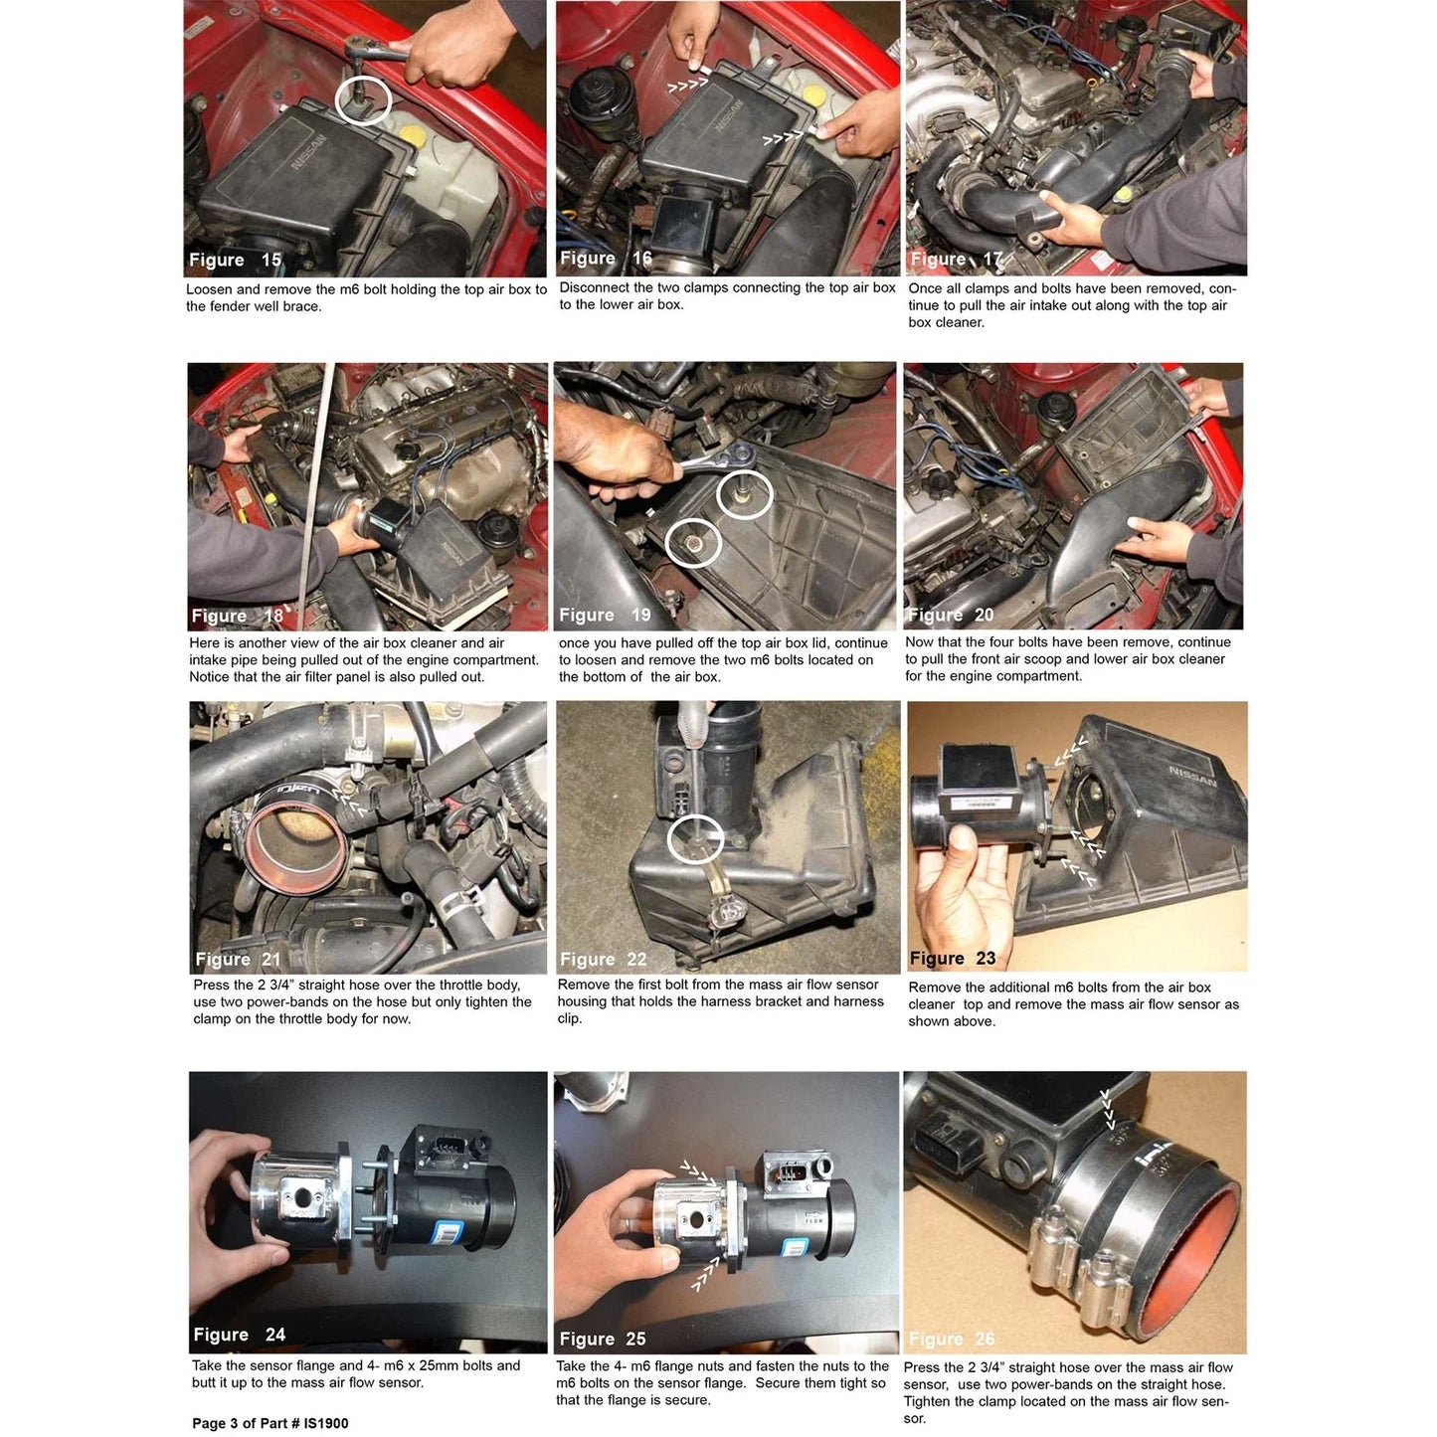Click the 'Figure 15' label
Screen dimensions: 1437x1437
pyautogui.click(x=235, y=261)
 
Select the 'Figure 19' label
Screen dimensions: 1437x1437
pyautogui.click(x=605, y=616)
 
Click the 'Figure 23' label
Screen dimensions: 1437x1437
pyautogui.click(x=953, y=959)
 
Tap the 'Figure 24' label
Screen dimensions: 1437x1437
pyautogui.click(x=240, y=1335)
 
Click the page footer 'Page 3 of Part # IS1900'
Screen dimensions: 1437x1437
pyautogui.click(x=269, y=1423)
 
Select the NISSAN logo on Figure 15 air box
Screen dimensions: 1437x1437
pyautogui.click(x=308, y=153)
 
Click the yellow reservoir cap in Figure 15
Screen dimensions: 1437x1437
pyautogui.click(x=412, y=135)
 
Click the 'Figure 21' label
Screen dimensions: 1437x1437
pyautogui.click(x=238, y=959)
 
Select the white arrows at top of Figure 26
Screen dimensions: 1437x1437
pyautogui.click(x=1109, y=1112)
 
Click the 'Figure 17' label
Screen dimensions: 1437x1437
pyautogui.click(x=956, y=259)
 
